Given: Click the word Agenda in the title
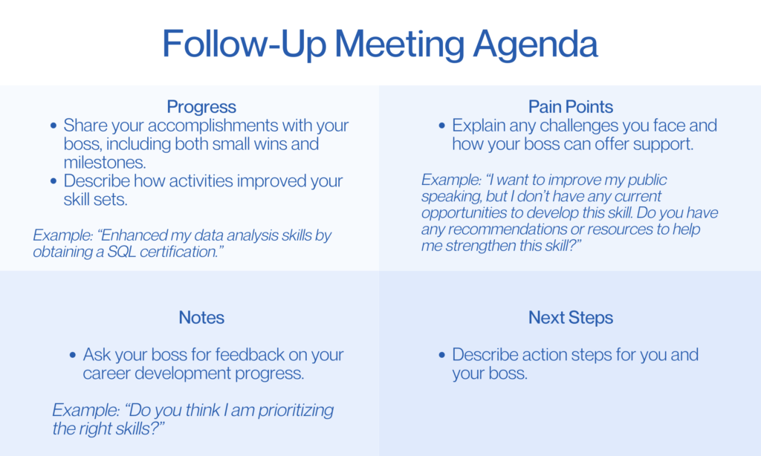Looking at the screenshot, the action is [x=535, y=45].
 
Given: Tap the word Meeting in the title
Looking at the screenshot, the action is [x=399, y=45].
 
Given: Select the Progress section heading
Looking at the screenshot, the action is [x=201, y=107].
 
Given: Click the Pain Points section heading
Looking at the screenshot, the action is [x=571, y=106].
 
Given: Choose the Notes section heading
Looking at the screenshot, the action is [x=201, y=317].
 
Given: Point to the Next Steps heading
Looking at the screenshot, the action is [x=571, y=318].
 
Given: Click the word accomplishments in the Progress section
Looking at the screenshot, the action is [x=213, y=126].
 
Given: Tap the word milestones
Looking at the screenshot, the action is [x=104, y=162].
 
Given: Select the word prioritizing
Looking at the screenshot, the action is [x=296, y=411].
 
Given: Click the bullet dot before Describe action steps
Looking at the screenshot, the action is [x=441, y=355].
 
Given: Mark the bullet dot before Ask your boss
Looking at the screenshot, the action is [x=73, y=355].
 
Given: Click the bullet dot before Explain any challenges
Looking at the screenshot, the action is [x=441, y=126].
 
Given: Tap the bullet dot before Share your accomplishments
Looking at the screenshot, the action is [x=54, y=126].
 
